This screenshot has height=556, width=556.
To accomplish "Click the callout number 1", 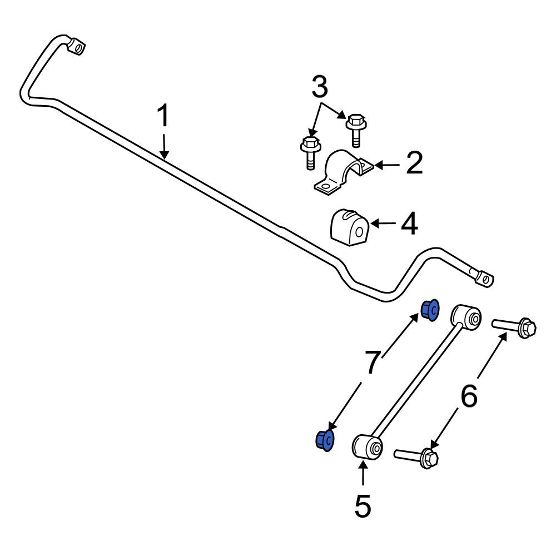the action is (163, 116).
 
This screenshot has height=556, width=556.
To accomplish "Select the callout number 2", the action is (414, 163).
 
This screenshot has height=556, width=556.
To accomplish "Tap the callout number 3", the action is (320, 87).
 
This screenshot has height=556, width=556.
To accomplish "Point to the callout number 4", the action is (409, 224).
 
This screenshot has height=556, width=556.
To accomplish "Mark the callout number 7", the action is (373, 362).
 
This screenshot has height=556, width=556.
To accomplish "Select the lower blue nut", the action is (325, 441).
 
